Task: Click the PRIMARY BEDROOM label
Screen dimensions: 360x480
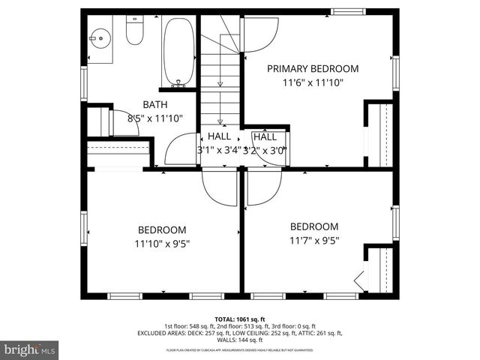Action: [313, 68]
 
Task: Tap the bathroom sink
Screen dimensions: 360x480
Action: [99, 37]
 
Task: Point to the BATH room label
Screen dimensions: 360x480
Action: [155, 105]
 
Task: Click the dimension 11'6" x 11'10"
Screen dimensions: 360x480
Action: [313, 83]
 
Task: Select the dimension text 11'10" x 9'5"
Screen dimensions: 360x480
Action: [161, 243]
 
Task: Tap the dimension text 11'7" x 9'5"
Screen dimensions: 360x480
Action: [314, 241]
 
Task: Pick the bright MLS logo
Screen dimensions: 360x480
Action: [30, 349]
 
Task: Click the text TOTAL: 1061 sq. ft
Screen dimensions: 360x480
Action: [239, 319]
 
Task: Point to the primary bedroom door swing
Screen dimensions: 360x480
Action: [259, 34]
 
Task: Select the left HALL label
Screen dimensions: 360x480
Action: [220, 136]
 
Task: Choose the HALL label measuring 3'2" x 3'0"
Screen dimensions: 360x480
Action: [265, 136]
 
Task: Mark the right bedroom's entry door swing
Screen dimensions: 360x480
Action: [262, 185]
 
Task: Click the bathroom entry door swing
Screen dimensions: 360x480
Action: [180, 151]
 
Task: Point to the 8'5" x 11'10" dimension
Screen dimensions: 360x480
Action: [155, 118]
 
